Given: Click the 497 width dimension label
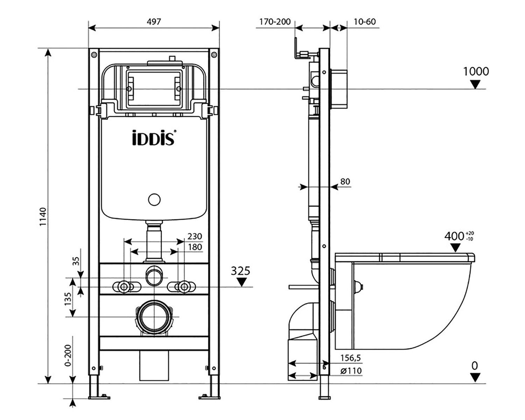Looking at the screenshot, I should coord(154,22).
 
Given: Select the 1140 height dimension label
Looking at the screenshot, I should coord(43,217).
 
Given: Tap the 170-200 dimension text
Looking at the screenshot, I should coord(275,22).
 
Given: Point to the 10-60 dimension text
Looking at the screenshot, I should coord(364,22).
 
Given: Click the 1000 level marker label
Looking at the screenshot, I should coord(476,71).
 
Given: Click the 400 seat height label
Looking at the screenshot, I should coord(454,236).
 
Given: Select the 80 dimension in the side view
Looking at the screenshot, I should coord(345,181).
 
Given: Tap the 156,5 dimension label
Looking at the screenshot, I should coord(351,358).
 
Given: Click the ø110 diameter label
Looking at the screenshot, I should coord(351,371).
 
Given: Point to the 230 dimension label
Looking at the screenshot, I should coord(195,236).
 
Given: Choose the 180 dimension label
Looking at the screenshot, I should coord(195,247).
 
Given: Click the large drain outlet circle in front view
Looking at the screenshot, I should coord(154,316).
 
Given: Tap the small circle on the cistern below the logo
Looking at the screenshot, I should coord(154,200).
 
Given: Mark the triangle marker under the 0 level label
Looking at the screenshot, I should coord(475,377).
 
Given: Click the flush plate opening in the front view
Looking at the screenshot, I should coord(154,89).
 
